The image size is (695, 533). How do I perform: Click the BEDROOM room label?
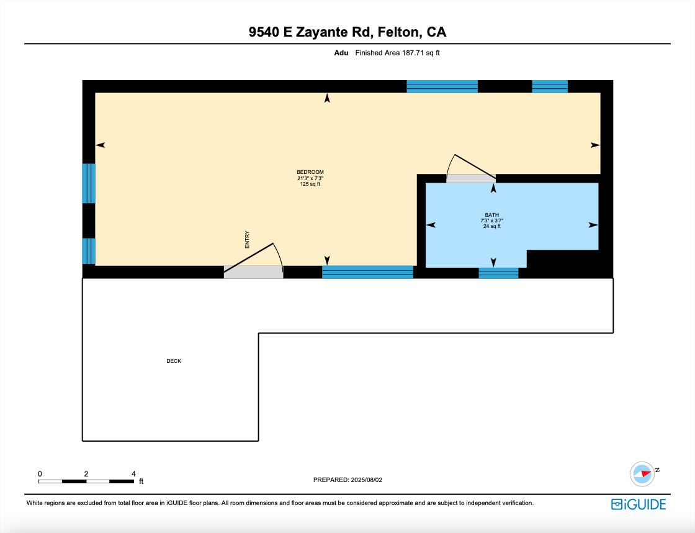pyautogui.click(x=310, y=172)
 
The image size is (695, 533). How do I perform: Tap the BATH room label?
pyautogui.click(x=491, y=215)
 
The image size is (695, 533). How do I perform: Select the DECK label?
pyautogui.click(x=174, y=361)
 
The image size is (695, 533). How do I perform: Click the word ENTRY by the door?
pyautogui.click(x=247, y=240)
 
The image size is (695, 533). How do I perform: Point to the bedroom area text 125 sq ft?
pyautogui.click(x=310, y=184)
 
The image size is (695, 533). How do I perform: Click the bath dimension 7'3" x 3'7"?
pyautogui.click(x=491, y=221)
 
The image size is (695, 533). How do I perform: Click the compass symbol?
pyautogui.click(x=642, y=473)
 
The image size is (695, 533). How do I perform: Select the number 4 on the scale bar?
pyautogui.click(x=133, y=473)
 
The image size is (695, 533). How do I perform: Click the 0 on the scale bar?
pyautogui.click(x=40, y=473)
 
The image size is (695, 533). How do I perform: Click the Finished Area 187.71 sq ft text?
pyautogui.click(x=397, y=53)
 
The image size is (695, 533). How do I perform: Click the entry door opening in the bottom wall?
pyautogui.click(x=253, y=271)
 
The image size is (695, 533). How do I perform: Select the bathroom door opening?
pyautogui.click(x=470, y=178)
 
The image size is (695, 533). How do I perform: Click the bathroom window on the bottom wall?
pyautogui.click(x=498, y=273)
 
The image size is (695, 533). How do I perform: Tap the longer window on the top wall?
pyautogui.click(x=442, y=86)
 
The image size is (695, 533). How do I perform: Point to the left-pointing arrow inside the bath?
pyautogui.click(x=431, y=225)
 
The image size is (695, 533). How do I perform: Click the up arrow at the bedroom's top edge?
pyautogui.click(x=327, y=98)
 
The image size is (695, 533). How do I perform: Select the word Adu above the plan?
pyautogui.click(x=341, y=53)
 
